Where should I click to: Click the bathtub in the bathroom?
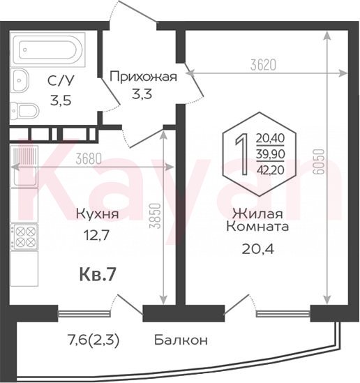pyautogui.click(x=49, y=50)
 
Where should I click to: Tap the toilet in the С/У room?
pyautogui.click(x=24, y=111)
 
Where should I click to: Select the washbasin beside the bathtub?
pyautogui.click(x=20, y=81)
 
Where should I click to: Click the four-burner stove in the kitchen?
pyautogui.click(x=24, y=236)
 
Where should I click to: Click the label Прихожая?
pyautogui.click(x=143, y=77)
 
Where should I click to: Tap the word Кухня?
pyautogui.click(x=98, y=214)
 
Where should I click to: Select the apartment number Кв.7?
pyautogui.click(x=97, y=275)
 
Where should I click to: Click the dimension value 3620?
pyautogui.click(x=263, y=65)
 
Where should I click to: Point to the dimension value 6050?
pyautogui.click(x=318, y=162)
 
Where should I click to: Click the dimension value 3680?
pyautogui.click(x=89, y=159)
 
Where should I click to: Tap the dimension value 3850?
pyautogui.click(x=155, y=216)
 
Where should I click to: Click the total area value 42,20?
pyautogui.click(x=271, y=170)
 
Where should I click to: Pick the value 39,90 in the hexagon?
pyautogui.click(x=271, y=154)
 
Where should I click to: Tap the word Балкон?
pyautogui.click(x=181, y=340)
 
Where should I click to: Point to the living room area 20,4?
pyautogui.click(x=258, y=249)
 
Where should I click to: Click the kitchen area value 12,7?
pyautogui.click(x=96, y=236)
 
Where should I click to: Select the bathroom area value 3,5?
pyautogui.click(x=61, y=100)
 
